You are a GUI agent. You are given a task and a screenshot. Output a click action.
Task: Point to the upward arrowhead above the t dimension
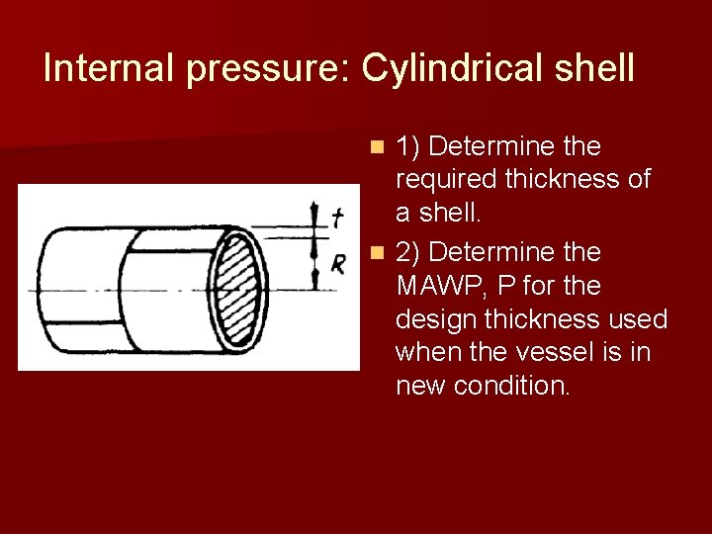(x=315, y=205)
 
